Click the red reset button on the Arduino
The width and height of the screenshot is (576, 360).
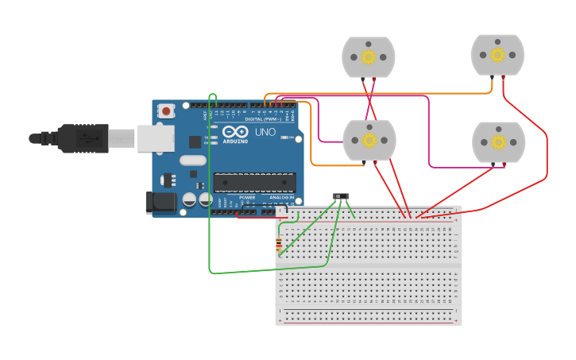[165, 111]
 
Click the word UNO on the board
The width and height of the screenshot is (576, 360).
[267, 132]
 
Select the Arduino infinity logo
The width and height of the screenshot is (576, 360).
[235, 132]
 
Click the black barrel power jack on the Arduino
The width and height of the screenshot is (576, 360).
[162, 203]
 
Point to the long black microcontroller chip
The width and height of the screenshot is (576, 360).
[254, 183]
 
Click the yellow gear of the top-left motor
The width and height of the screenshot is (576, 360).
[368, 57]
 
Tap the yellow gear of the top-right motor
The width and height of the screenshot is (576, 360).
[497, 55]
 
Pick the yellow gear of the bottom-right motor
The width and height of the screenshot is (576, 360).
[498, 142]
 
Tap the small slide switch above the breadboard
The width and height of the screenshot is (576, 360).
[341, 196]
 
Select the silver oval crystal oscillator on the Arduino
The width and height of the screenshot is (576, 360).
[192, 161]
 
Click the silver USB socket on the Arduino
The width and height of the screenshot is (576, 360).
[155, 138]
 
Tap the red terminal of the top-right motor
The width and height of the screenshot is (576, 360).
[504, 76]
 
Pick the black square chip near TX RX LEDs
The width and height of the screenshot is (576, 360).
[195, 141]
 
